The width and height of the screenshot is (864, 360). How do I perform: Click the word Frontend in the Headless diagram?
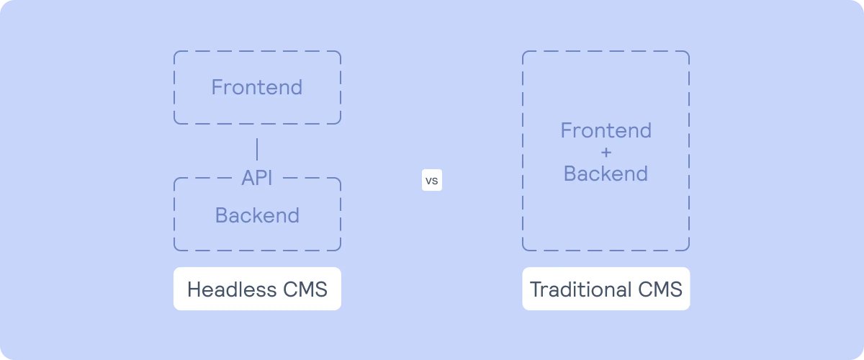pos(256,88)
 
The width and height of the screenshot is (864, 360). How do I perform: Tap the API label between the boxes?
pos(257,179)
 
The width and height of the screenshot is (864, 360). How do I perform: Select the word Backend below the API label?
pos(257,215)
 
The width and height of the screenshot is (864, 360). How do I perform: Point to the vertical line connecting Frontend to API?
pos(257,149)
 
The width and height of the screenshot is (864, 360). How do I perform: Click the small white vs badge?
pos(431,181)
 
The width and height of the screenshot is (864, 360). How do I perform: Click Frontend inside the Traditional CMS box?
pos(606,131)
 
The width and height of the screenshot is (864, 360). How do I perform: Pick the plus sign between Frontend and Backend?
pos(606,153)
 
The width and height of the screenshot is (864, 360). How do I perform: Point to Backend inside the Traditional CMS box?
pos(606,174)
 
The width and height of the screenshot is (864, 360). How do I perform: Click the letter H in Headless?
pos(194,289)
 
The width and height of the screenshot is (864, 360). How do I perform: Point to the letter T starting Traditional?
pos(535,289)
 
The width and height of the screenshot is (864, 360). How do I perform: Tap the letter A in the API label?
pos(247,179)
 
